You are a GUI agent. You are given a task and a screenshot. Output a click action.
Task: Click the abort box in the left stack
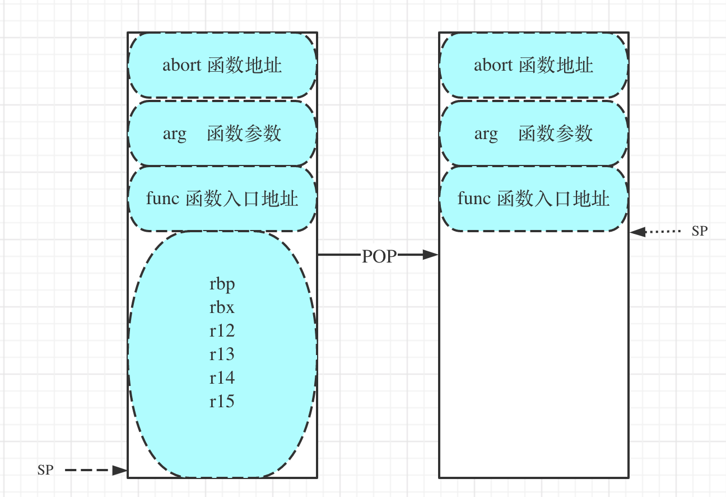click(x=222, y=65)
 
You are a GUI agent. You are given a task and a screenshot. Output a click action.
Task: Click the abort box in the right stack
click(x=534, y=65)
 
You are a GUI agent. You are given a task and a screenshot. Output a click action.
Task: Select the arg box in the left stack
click(x=222, y=133)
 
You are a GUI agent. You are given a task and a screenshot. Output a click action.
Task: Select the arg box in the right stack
click(x=534, y=133)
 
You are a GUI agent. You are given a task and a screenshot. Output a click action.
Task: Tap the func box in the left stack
click(x=222, y=199)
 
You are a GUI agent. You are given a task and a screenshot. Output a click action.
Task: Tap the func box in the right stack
click(x=534, y=199)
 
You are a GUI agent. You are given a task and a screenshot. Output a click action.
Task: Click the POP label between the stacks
click(x=379, y=256)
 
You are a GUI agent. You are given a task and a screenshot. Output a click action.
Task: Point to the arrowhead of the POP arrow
click(x=430, y=255)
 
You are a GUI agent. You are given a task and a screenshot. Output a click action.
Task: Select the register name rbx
click(x=222, y=307)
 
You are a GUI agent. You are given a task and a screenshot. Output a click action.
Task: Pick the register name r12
click(x=222, y=331)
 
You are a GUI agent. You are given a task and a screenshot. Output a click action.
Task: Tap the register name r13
click(x=222, y=354)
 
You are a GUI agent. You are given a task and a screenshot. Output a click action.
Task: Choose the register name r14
click(x=222, y=378)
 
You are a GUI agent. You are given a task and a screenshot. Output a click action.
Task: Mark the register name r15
click(x=222, y=402)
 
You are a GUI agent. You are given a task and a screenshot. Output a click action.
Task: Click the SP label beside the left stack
click(x=45, y=470)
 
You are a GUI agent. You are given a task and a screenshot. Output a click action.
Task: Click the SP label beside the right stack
click(x=700, y=231)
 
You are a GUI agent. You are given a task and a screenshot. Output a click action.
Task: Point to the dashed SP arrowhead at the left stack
click(x=119, y=470)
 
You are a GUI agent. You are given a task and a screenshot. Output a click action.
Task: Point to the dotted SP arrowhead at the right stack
click(x=637, y=232)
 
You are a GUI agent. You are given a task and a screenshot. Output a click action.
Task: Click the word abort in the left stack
click(x=182, y=65)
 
